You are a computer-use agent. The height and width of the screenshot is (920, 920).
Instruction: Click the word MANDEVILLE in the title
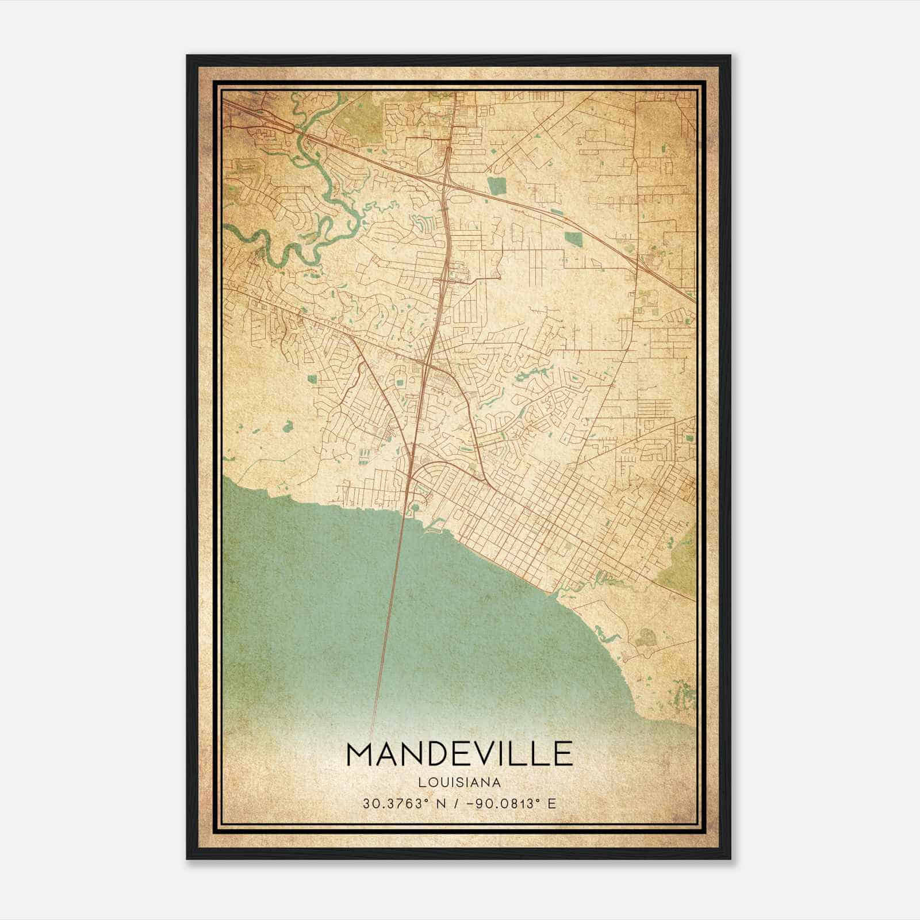click(459, 754)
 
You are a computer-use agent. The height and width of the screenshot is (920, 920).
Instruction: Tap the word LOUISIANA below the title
click(459, 783)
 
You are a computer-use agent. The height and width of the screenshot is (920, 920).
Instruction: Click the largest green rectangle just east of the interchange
click(495, 186)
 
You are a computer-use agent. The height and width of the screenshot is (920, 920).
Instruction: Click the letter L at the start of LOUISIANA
click(423, 783)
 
